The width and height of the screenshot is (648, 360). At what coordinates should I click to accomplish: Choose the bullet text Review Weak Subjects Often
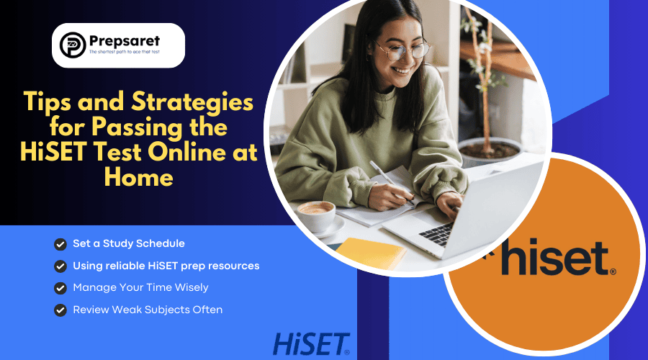tap(148, 310)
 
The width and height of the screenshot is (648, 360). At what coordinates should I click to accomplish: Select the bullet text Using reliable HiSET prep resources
tap(166, 266)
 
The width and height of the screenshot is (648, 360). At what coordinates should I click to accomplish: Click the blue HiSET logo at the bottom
tap(311, 343)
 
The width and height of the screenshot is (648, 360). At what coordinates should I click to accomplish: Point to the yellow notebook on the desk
tap(372, 252)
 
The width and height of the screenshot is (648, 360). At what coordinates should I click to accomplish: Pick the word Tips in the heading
tap(51, 104)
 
